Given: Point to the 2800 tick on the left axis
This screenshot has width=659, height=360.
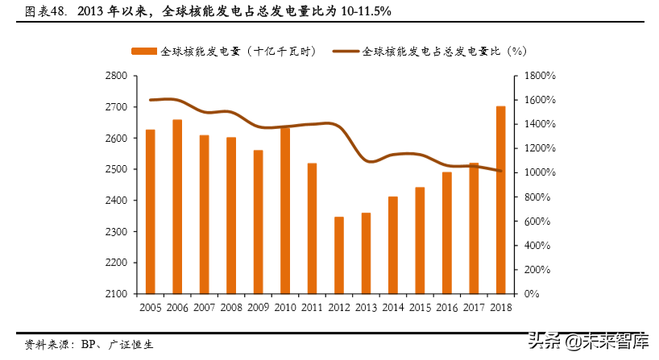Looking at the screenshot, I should point(117,76).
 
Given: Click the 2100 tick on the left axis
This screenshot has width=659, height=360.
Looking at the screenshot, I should point(117,294).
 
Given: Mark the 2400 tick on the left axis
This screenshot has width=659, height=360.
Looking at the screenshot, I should point(117,201).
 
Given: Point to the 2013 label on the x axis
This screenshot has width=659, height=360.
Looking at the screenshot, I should point(366,308).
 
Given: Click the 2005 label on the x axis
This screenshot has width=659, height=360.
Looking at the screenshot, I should point(150,308).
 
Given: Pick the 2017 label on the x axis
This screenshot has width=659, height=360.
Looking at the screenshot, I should point(473,308).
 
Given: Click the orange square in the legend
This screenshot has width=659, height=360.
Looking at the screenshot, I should point(144,50).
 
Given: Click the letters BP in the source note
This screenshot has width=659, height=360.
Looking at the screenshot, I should point(89,343).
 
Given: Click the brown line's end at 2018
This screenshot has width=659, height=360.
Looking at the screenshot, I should point(500,171).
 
